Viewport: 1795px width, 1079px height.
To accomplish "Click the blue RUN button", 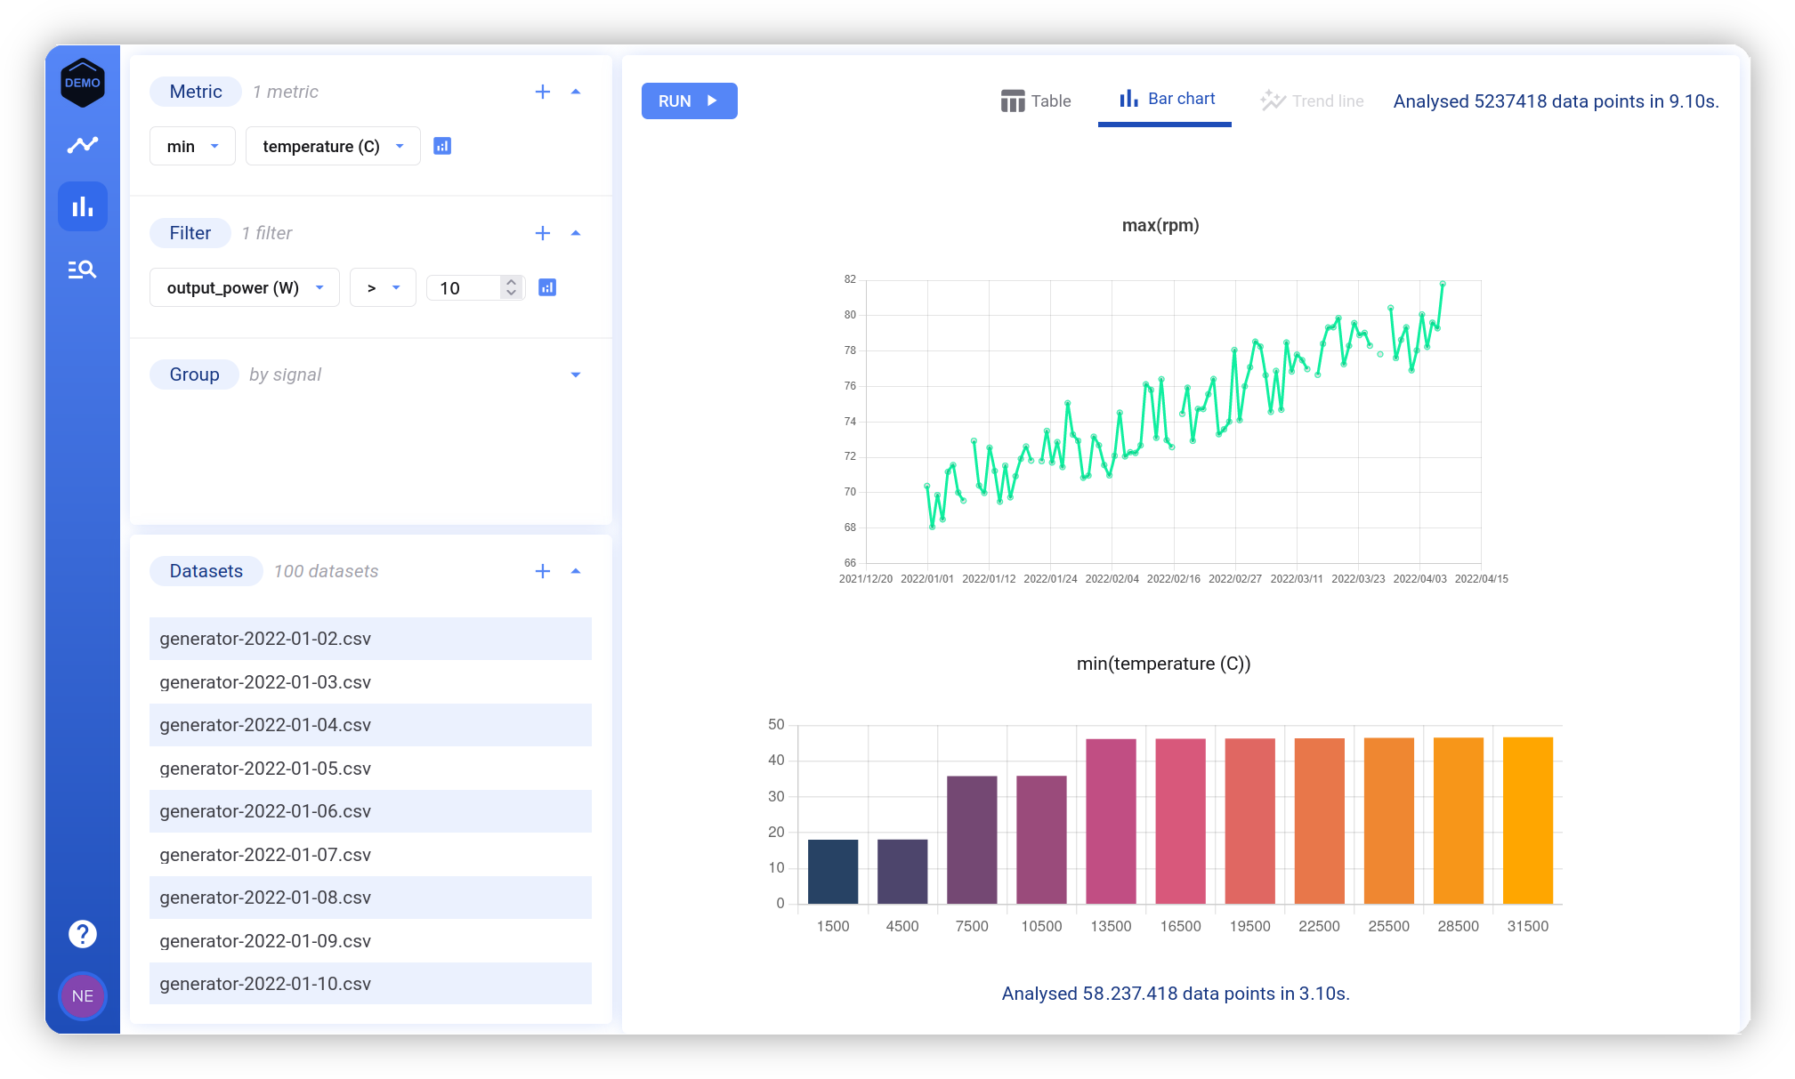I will pos(689,101).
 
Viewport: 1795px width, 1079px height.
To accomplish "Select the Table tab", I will pos(1036,101).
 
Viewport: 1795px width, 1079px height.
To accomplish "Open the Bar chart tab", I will pos(1166,99).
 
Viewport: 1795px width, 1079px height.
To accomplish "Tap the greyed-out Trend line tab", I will pos(1312,101).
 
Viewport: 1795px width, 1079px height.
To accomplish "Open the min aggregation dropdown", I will pos(192,146).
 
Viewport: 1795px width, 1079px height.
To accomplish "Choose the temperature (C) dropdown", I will pos(332,146).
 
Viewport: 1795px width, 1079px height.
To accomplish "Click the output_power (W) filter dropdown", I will pos(244,287).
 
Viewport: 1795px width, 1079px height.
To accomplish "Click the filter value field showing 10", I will pos(463,287).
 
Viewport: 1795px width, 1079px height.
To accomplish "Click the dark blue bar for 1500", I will pos(833,871).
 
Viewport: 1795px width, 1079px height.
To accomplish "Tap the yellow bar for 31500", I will pos(1527,819).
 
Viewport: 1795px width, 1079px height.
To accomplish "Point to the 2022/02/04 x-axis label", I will pos(1112,578).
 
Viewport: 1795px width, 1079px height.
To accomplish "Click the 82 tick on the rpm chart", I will pos(850,279).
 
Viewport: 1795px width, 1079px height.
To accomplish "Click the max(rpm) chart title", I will pos(1160,225).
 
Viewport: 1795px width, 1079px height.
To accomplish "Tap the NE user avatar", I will pos(83,995).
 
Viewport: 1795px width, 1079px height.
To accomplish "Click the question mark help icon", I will pos(83,934).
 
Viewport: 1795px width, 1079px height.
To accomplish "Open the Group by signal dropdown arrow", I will pos(576,374).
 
